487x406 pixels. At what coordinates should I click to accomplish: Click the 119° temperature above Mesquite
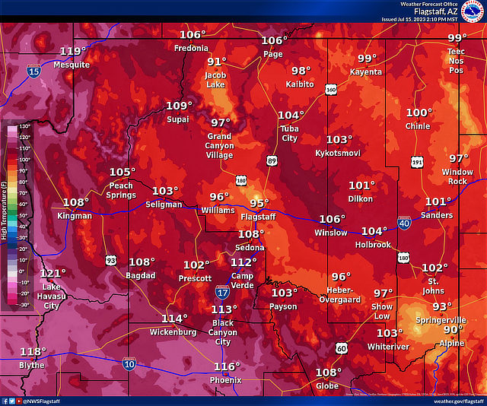click(72, 52)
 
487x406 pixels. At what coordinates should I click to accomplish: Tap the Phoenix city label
click(226, 380)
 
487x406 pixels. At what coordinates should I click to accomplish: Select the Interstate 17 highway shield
click(222, 292)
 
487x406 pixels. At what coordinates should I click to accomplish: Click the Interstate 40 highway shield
click(405, 222)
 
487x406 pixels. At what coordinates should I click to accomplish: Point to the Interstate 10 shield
click(130, 365)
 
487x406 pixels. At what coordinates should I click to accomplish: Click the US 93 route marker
click(111, 260)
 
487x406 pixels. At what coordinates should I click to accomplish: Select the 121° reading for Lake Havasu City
click(53, 274)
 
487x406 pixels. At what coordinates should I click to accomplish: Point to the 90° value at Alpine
click(454, 330)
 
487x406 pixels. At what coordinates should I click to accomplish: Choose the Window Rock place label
click(457, 176)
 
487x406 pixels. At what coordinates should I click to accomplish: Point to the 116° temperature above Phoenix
click(227, 367)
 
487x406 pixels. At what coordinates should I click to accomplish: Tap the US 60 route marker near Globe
click(341, 348)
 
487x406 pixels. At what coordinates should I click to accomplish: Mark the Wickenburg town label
click(173, 332)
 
